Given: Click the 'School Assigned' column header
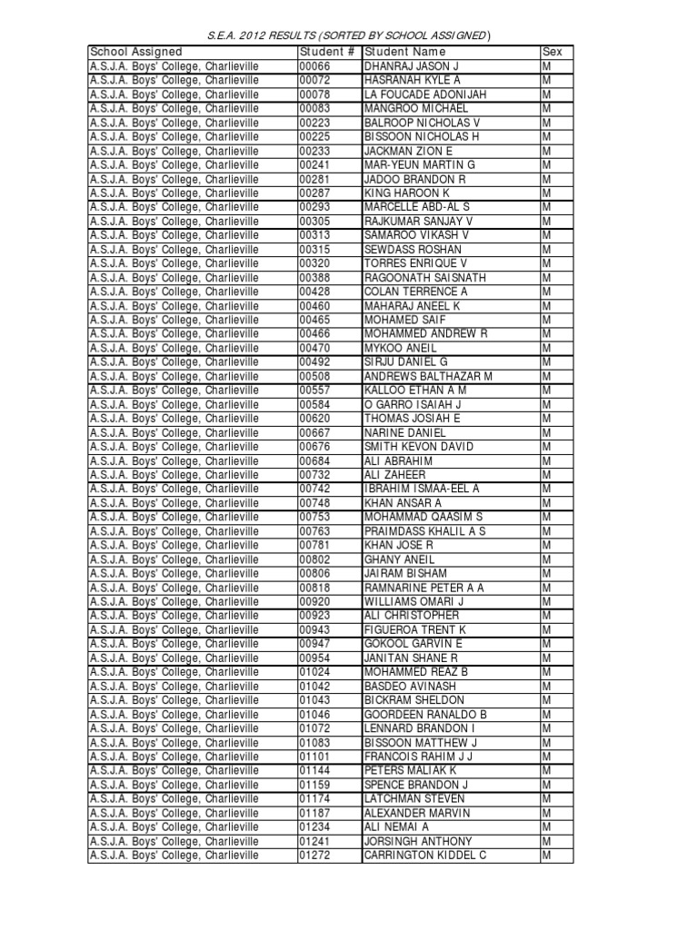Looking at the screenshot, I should point(135,53).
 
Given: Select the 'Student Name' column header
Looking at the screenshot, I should point(404,53).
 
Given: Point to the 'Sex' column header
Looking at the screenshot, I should point(552,53).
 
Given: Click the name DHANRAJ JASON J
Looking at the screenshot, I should point(412,66).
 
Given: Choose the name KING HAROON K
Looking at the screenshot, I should point(407,193).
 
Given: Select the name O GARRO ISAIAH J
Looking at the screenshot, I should point(414,404).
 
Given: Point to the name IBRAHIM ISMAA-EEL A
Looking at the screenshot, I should point(422,489).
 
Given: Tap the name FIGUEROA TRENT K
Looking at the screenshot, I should point(415,629).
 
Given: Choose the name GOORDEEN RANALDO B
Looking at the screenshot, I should point(425,715).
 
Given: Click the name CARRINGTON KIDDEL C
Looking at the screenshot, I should point(425,856).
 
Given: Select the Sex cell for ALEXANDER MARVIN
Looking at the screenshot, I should point(547,813).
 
